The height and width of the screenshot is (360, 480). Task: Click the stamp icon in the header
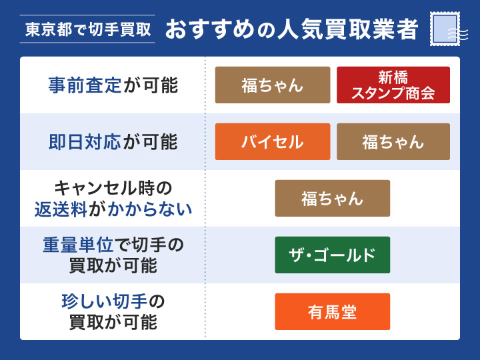445,29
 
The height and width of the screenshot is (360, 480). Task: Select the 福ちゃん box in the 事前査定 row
272,85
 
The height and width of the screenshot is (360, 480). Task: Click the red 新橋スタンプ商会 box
393,85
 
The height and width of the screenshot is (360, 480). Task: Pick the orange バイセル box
272,141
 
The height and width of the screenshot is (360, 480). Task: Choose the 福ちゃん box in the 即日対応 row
393,141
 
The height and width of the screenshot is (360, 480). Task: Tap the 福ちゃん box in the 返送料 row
332,198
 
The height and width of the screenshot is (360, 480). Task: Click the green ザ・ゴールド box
332,255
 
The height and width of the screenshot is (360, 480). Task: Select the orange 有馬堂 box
332,311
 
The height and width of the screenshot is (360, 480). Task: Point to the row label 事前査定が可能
113,85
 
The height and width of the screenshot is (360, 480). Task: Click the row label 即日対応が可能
113,141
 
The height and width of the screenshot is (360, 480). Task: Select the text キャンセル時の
113,187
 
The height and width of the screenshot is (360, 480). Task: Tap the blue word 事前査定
85,85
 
